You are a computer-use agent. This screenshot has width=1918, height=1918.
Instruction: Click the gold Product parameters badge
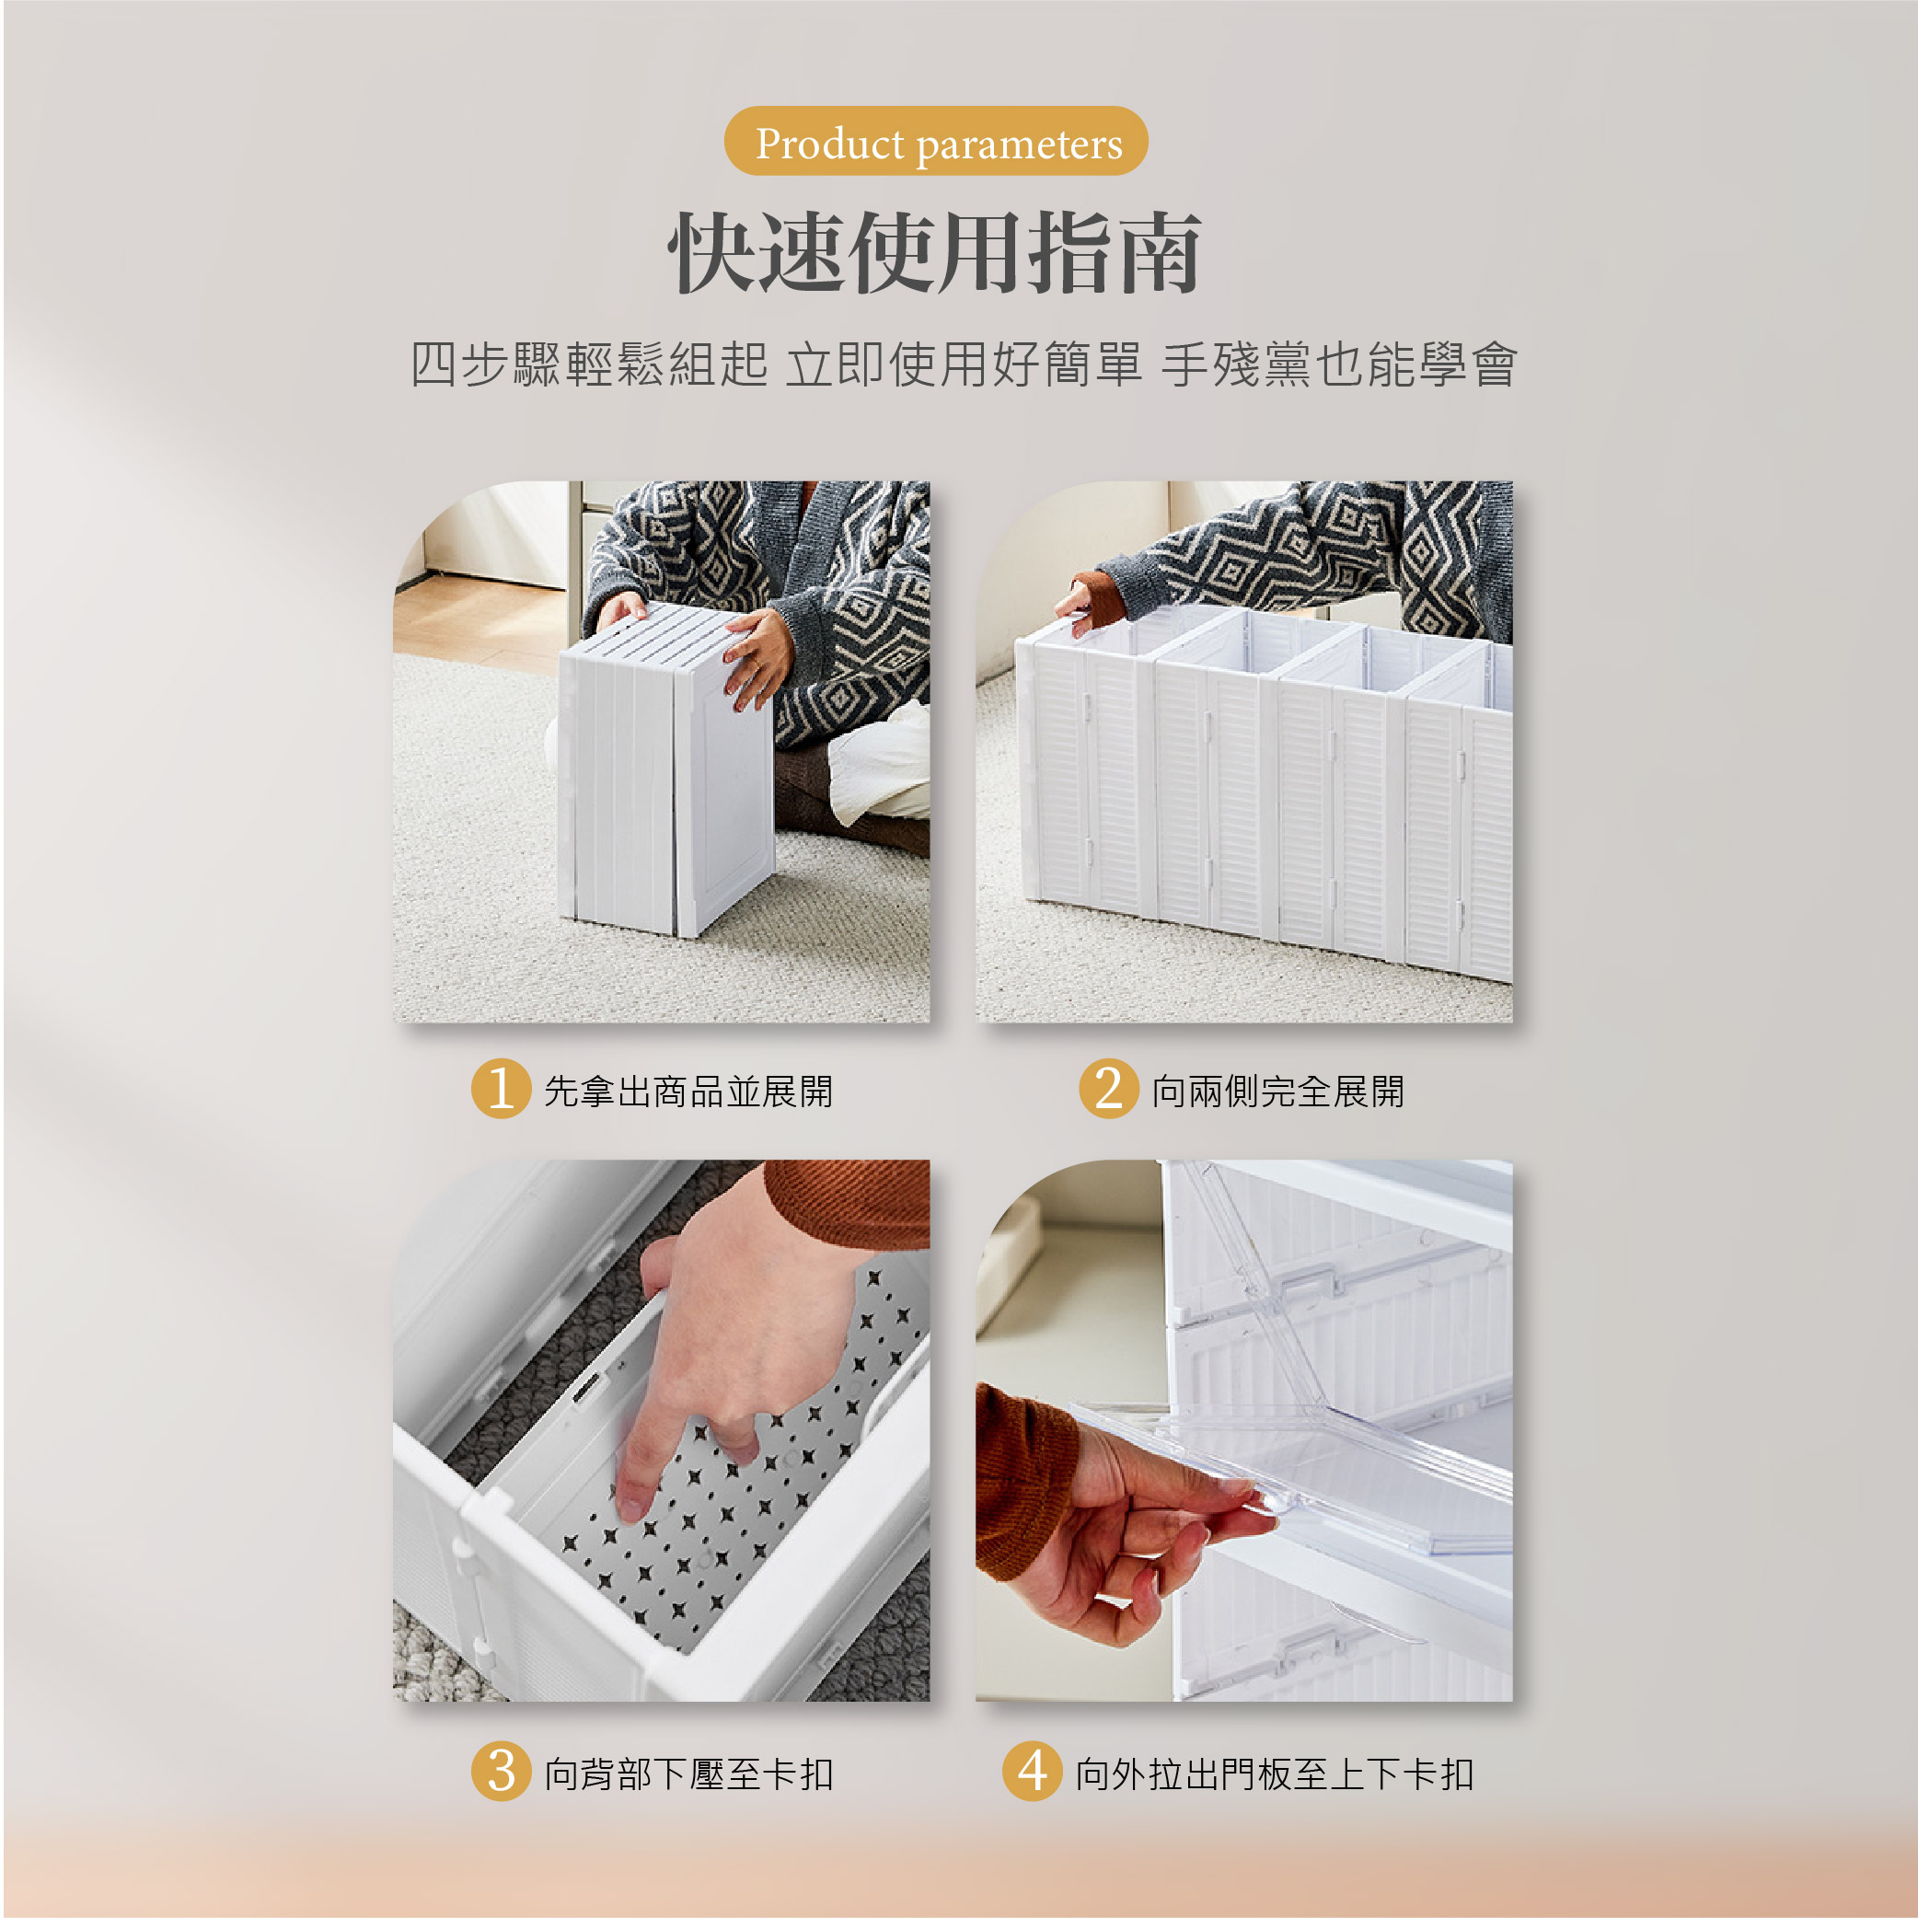pyautogui.click(x=936, y=141)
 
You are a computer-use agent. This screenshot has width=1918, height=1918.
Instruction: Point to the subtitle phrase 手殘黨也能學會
pyautogui.click(x=1339, y=364)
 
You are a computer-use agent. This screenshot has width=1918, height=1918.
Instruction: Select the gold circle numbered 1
pyautogui.click(x=502, y=1088)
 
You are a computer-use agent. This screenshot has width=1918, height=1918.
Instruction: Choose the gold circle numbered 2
pyautogui.click(x=1109, y=1088)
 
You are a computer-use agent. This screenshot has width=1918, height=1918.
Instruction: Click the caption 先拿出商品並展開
pyautogui.click(x=688, y=1091)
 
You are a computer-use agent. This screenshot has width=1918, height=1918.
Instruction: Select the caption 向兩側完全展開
pyautogui.click(x=1277, y=1091)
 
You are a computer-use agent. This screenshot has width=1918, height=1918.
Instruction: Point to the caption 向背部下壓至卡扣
pyautogui.click(x=688, y=1774)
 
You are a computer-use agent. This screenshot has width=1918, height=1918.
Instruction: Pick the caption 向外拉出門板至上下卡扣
pyautogui.click(x=1275, y=1774)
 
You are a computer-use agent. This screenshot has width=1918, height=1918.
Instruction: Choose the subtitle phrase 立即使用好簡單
pyautogui.click(x=964, y=364)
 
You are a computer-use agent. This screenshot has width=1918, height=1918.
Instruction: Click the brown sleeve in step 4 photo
pyautogui.click(x=1023, y=1479)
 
